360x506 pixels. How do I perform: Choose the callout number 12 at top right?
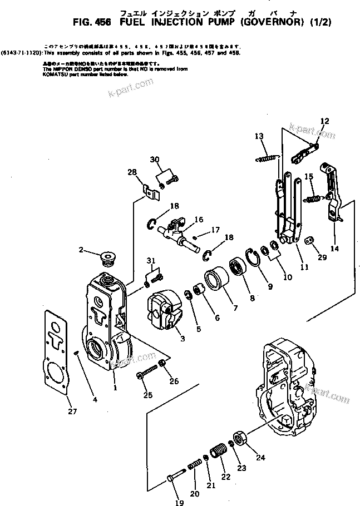[x=324, y=121]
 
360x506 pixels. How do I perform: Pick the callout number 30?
[x=155, y=160]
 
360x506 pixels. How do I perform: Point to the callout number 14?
[x=334, y=249]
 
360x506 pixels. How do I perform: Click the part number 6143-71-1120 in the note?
[x=21, y=52]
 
